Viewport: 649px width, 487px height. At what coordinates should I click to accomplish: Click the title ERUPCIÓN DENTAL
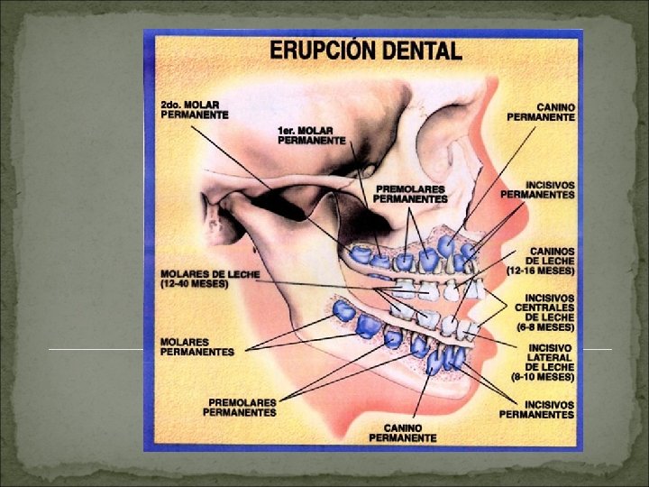(x=366, y=51)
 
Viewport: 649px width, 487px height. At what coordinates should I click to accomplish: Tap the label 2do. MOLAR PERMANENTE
(x=194, y=110)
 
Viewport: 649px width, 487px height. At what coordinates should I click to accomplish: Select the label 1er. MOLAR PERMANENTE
(x=311, y=135)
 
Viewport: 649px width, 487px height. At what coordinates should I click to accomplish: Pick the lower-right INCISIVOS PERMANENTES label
(x=537, y=409)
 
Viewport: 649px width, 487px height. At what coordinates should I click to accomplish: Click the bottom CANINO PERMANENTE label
(x=403, y=432)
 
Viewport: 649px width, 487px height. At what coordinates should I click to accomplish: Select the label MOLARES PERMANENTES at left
(x=197, y=346)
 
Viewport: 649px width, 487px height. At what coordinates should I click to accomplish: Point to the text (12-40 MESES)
(x=194, y=283)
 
